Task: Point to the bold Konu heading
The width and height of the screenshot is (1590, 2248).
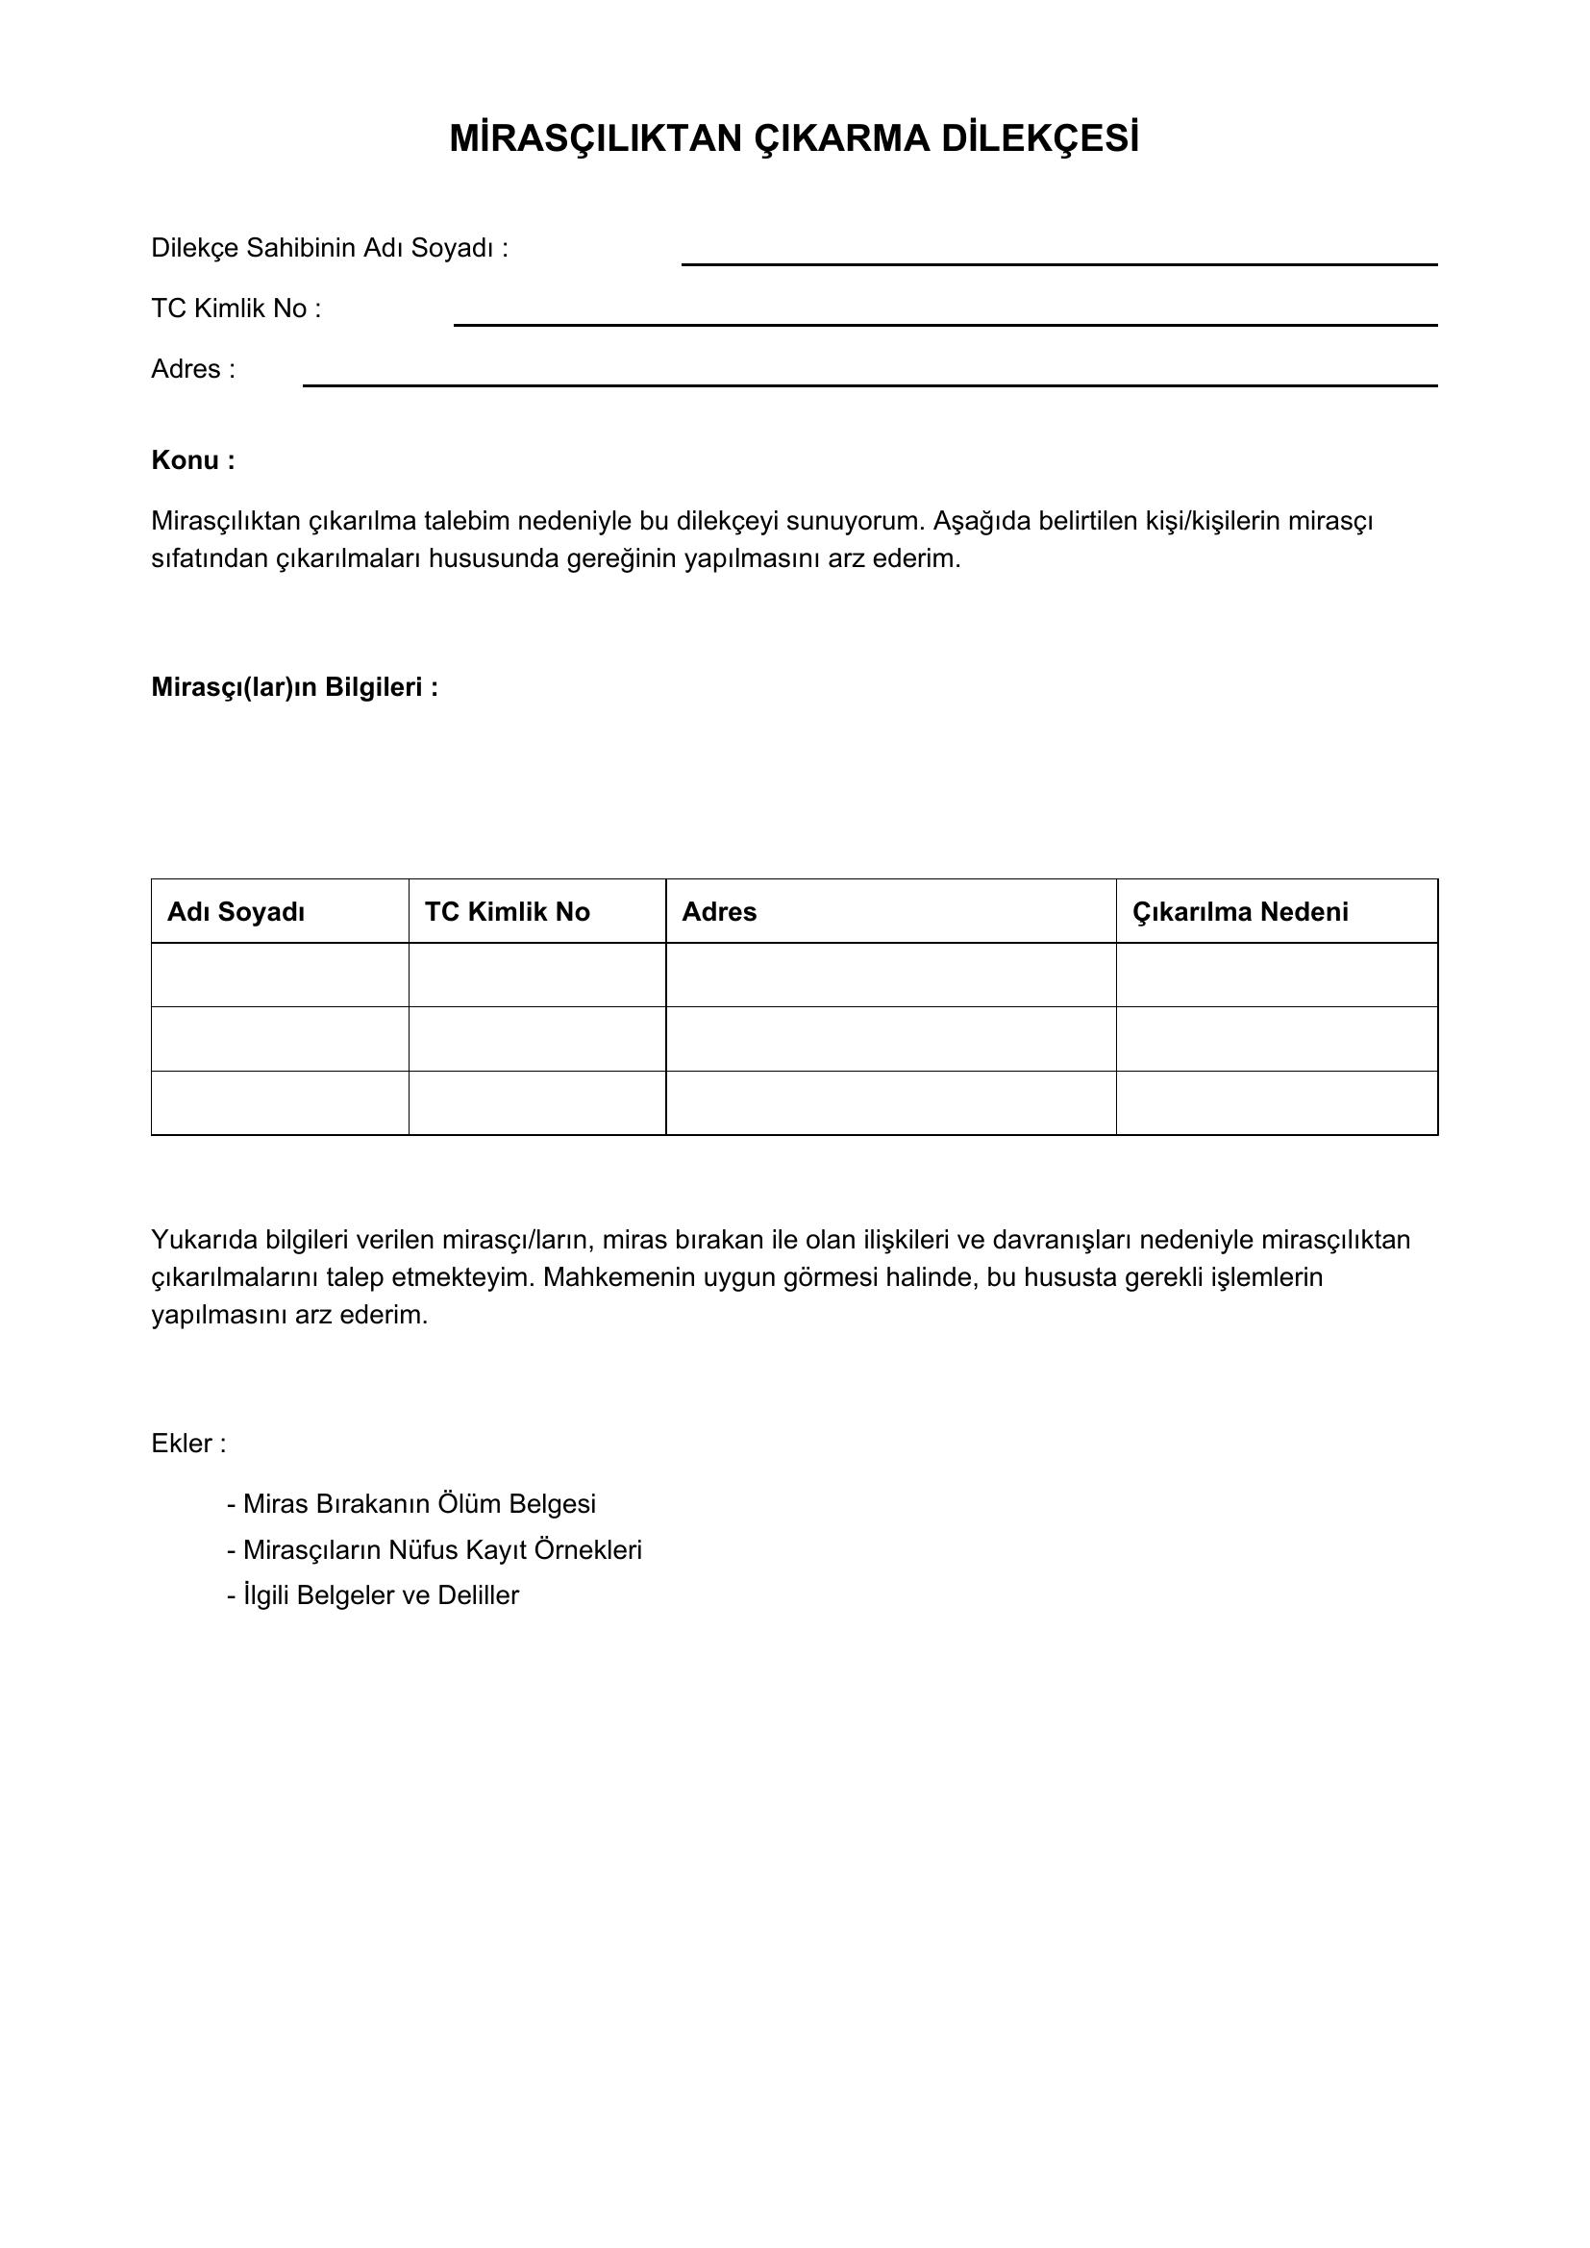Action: point(193,460)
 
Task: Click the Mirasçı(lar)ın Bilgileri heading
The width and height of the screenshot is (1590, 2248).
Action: point(294,687)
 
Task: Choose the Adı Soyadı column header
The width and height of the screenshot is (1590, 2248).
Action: point(236,911)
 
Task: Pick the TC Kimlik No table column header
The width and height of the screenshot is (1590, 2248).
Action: point(508,911)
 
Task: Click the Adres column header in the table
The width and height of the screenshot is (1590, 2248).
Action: point(719,911)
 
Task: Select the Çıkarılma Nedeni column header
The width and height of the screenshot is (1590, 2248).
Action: point(1239,911)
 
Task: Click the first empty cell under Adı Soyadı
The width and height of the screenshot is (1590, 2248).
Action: point(280,975)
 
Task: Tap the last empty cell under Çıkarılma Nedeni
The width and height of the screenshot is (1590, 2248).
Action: point(1277,1102)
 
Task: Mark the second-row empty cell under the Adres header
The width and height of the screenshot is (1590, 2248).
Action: point(890,1039)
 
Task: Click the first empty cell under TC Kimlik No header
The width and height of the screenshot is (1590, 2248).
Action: point(536,975)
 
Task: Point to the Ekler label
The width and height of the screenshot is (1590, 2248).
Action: point(188,1444)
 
